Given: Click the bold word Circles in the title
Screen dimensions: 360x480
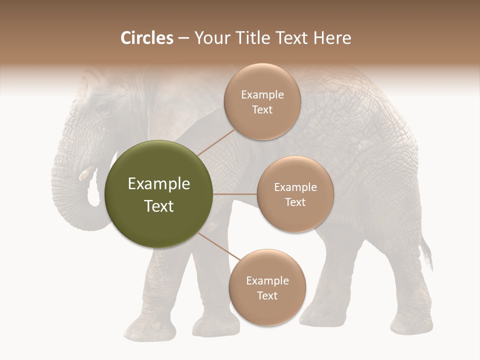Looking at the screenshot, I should coord(146,38).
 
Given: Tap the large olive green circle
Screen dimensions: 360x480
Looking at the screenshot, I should coord(159,194).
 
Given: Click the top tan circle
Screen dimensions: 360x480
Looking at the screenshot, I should coord(262,101).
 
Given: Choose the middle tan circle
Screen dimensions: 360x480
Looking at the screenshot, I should coord(295,194).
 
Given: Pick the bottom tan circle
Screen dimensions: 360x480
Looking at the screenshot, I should coord(267,287).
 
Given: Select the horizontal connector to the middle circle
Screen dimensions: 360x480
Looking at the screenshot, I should coord(235,194).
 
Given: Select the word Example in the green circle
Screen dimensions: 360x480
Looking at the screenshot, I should coord(159,184).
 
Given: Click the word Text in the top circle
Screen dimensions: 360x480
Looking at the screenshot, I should coord(262,109).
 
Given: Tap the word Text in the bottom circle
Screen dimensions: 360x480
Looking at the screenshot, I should coord(267,295).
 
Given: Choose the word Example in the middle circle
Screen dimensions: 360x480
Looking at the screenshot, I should coord(295,187).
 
